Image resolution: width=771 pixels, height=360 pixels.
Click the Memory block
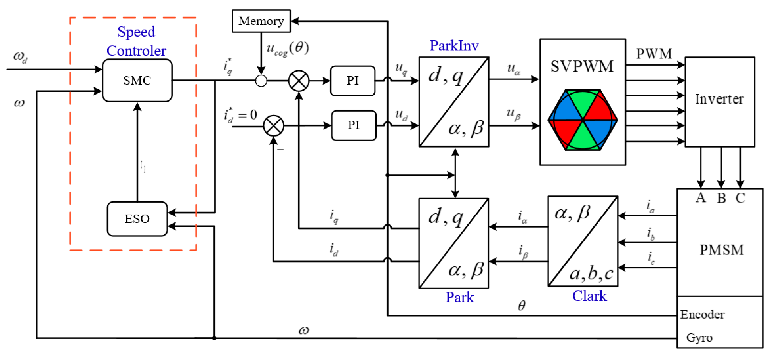(x=261, y=21)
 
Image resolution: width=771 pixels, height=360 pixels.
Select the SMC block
(x=137, y=80)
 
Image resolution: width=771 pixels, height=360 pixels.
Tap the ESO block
(x=137, y=219)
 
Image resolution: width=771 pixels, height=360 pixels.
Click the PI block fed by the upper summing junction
(x=352, y=80)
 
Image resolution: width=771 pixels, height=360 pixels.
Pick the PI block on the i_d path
(x=353, y=125)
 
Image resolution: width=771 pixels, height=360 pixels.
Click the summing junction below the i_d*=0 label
(x=273, y=126)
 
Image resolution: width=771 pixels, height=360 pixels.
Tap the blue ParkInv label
(x=454, y=46)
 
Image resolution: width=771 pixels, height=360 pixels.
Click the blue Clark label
(x=589, y=296)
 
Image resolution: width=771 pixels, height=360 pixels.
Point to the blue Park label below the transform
(x=459, y=297)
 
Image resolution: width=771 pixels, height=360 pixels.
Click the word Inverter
(x=719, y=99)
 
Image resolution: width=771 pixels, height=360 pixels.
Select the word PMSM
(x=721, y=250)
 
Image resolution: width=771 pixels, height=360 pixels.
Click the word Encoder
(x=702, y=314)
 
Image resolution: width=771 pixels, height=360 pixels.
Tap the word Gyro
(x=699, y=337)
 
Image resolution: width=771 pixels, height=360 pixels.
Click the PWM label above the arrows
(x=654, y=54)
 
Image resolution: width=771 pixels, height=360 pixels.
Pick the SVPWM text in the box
(x=582, y=66)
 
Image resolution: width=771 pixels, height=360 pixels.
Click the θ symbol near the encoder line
(x=521, y=305)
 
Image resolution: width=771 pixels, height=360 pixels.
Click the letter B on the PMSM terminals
(x=721, y=198)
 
